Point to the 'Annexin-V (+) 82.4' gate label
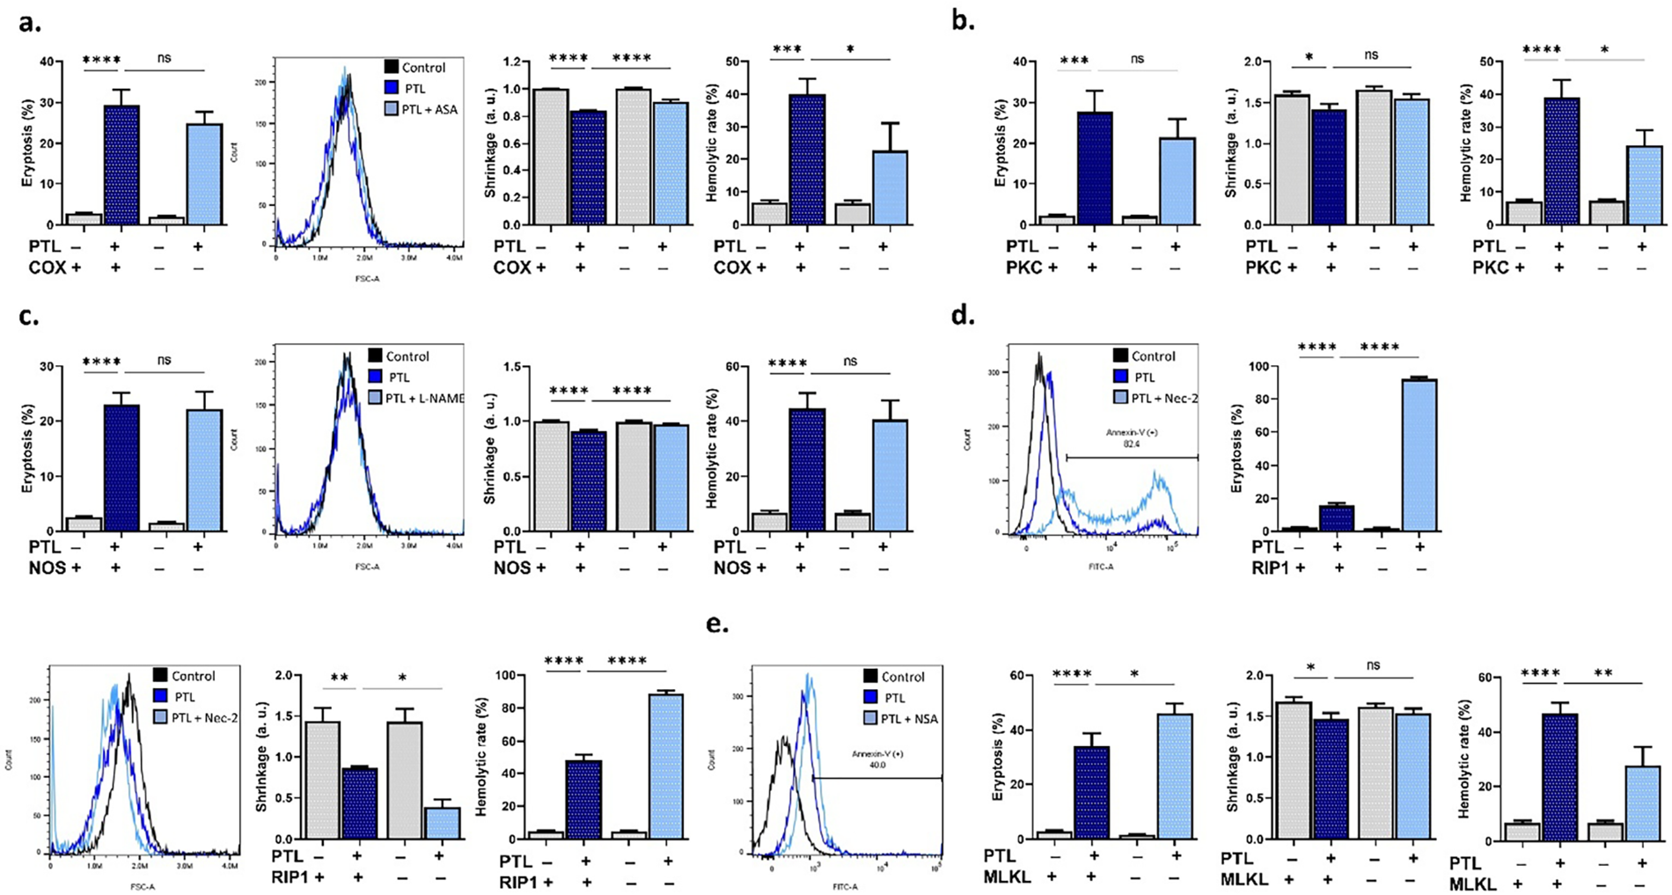pyautogui.click(x=1131, y=438)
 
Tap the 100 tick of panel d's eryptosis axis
pyautogui.click(x=1237, y=367)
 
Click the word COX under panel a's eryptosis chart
pyautogui.click(x=48, y=268)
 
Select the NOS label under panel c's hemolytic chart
pyautogui.click(x=732, y=569)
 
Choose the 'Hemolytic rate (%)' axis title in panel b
pyautogui.click(x=1466, y=143)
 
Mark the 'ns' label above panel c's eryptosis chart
pyautogui.click(x=165, y=361)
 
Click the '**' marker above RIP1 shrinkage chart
pyautogui.click(x=337, y=679)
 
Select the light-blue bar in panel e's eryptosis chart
pyautogui.click(x=1174, y=776)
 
